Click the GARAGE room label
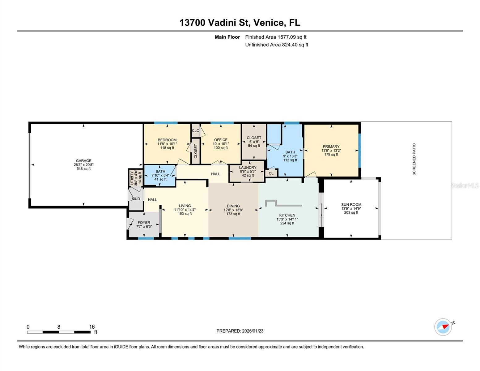pyautogui.click(x=83, y=161)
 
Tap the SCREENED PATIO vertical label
pyautogui.click(x=414, y=159)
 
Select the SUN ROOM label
pyautogui.click(x=351, y=205)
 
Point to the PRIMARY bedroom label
pyautogui.click(x=331, y=147)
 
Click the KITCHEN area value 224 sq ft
pyautogui.click(x=287, y=223)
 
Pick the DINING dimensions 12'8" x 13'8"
pyautogui.click(x=233, y=210)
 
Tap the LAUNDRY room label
pyautogui.click(x=248, y=168)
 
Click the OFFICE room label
pyautogui.click(x=221, y=140)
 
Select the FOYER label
pyautogui.click(x=144, y=223)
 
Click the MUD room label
pyautogui.click(x=136, y=199)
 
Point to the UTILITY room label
pyautogui.click(x=132, y=178)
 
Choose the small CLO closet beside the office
pyautogui.click(x=196, y=131)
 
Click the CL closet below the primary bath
pyautogui.click(x=271, y=173)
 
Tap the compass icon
pyautogui.click(x=443, y=327)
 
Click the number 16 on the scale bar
pyautogui.click(x=92, y=327)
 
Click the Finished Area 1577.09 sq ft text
pyautogui.click(x=276, y=37)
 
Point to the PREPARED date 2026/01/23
pyautogui.click(x=240, y=331)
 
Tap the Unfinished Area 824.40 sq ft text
pyautogui.click(x=277, y=45)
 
